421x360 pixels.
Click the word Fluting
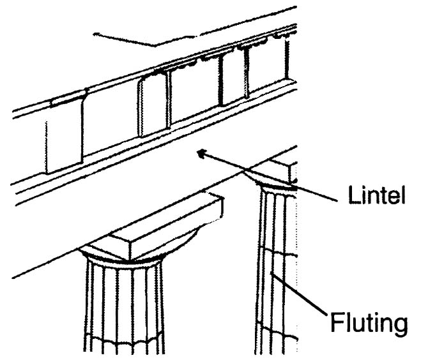tap(368, 323)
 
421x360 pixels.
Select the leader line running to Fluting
tap(300, 296)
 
